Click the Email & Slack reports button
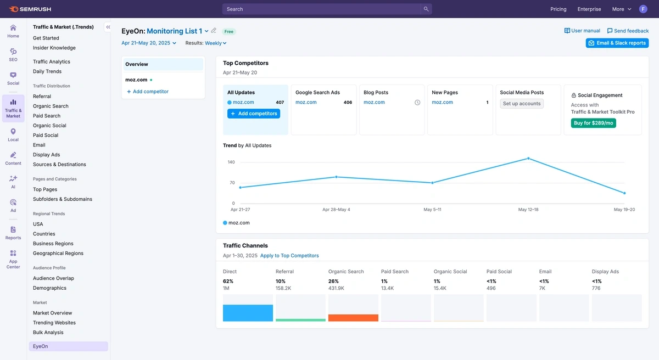[617, 43]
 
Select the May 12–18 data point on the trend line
[528, 159]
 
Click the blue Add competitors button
[254, 114]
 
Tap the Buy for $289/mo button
[593, 123]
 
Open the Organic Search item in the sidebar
[51, 106]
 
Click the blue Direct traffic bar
[248, 313]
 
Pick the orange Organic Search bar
[353, 318]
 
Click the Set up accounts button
[522, 103]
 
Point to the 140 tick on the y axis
[231, 162]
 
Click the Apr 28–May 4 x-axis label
[336, 210]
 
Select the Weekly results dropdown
[215, 43]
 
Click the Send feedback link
[628, 31]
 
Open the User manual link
[582, 31]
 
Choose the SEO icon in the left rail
[13, 54]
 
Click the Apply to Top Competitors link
[289, 256]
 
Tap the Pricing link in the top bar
[558, 9]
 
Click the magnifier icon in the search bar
[426, 9]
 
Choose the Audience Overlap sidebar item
[53, 278]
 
